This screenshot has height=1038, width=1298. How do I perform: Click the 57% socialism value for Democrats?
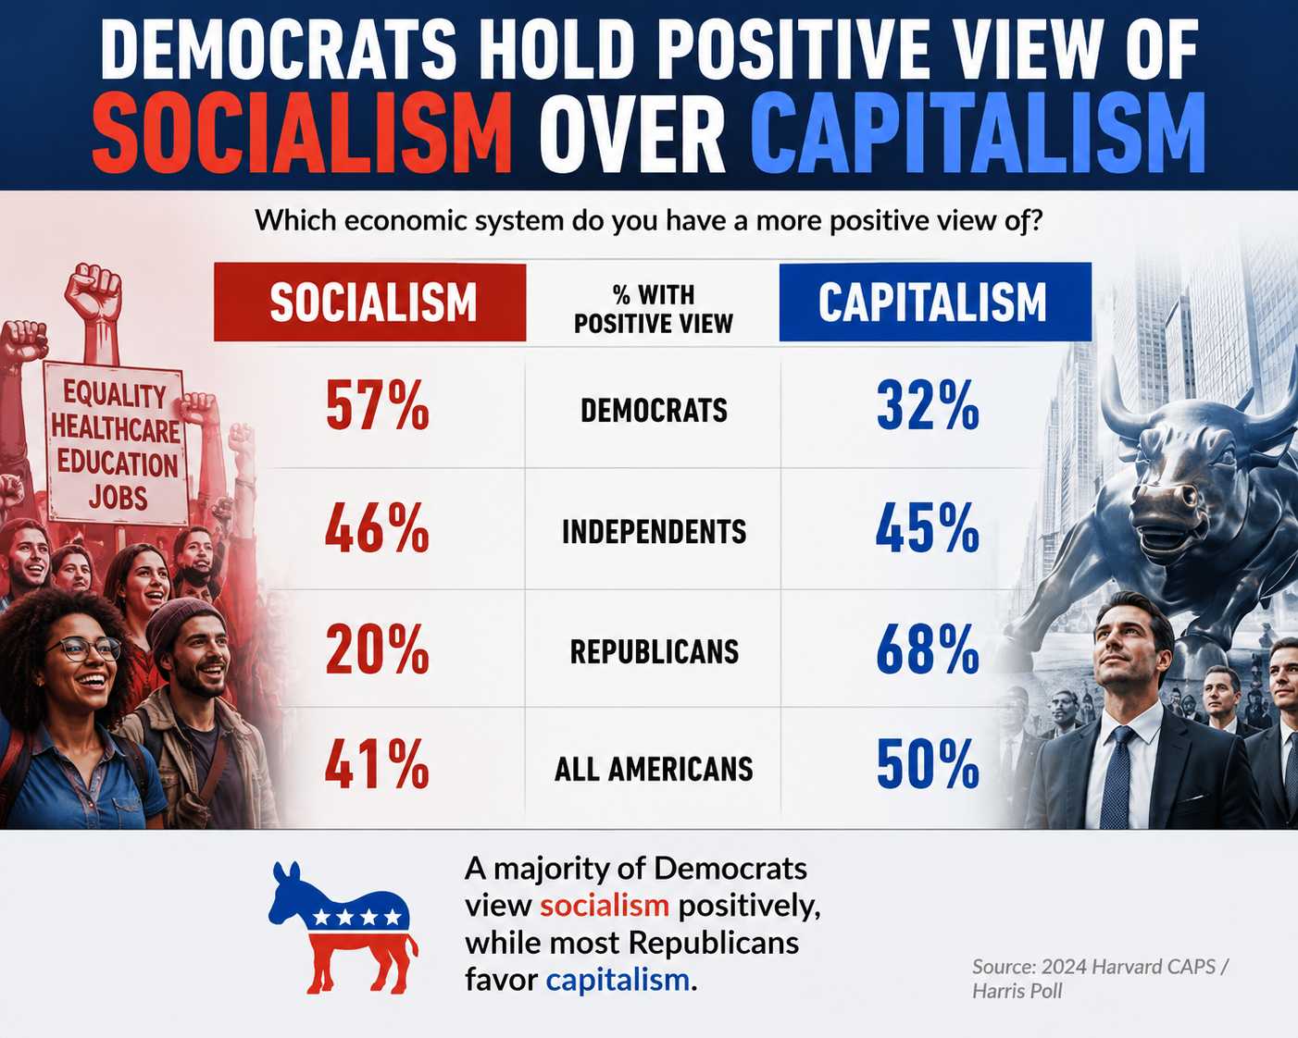point(378,405)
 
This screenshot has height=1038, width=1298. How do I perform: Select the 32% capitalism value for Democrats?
point(928,405)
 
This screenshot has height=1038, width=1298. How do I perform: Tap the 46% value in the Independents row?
point(378,528)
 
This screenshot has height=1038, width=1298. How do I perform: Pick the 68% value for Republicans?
point(928,649)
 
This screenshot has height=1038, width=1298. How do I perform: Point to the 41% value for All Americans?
point(378,764)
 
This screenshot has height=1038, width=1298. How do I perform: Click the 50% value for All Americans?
point(928,764)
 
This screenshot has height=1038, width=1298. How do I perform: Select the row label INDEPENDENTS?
point(654,532)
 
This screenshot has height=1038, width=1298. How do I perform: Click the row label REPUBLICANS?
point(654,651)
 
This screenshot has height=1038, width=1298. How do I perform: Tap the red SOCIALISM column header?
point(369,302)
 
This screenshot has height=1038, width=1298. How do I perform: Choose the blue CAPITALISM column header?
point(935,302)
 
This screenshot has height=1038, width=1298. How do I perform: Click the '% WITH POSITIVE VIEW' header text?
point(654,309)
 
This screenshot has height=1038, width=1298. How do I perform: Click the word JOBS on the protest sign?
point(119,498)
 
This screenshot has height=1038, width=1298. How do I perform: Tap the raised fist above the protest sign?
point(94,292)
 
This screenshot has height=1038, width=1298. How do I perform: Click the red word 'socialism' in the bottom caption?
point(605,906)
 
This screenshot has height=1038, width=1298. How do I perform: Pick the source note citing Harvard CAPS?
point(1099,979)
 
